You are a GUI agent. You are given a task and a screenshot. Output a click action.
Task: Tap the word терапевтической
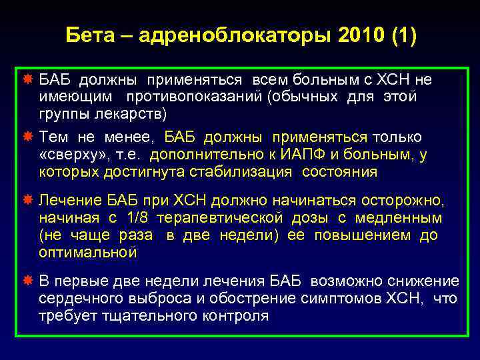[227, 218]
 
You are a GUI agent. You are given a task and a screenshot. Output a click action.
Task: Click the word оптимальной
[87, 253]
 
